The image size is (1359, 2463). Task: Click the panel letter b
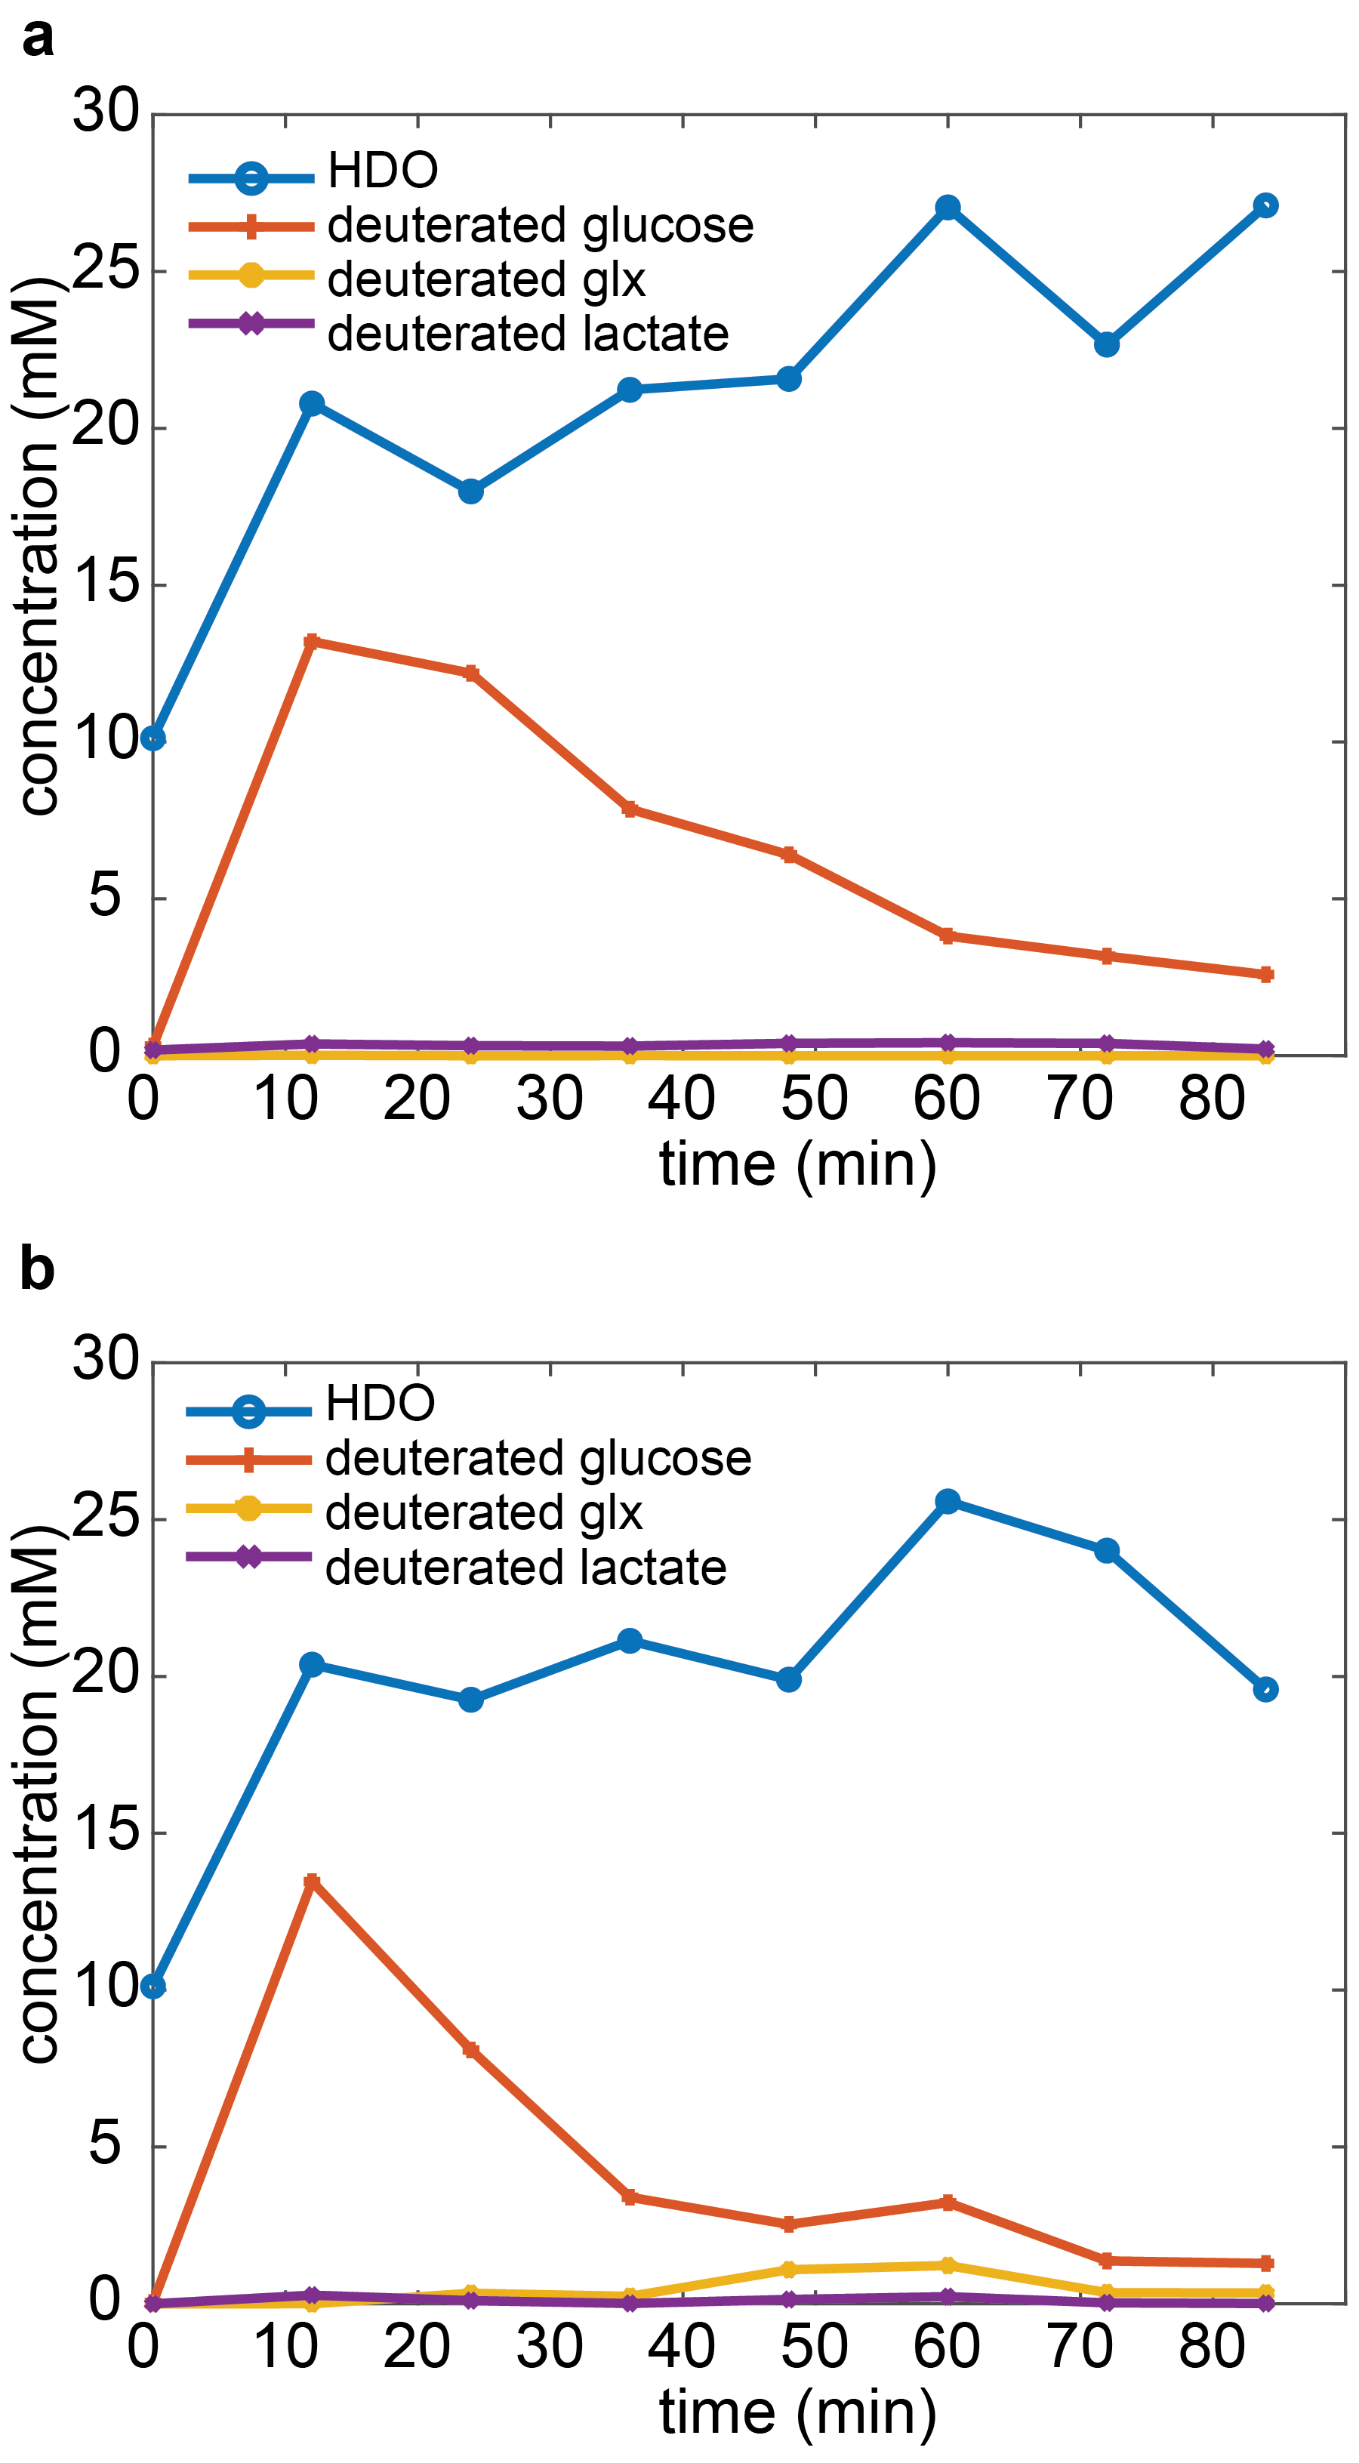coord(37,1270)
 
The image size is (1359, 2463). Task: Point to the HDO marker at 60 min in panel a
coord(948,208)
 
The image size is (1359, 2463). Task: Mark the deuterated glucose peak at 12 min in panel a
coord(311,642)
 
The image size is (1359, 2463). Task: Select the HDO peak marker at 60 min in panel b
coord(948,1501)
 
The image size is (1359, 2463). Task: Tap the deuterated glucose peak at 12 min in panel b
coord(311,1882)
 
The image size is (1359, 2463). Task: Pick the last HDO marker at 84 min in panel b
coord(1265,1690)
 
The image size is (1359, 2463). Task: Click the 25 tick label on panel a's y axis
coord(105,270)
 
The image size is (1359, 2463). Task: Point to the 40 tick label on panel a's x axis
coord(681,1099)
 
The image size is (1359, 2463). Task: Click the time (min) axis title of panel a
coord(797,1164)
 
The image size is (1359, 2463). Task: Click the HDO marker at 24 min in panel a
coord(470,492)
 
